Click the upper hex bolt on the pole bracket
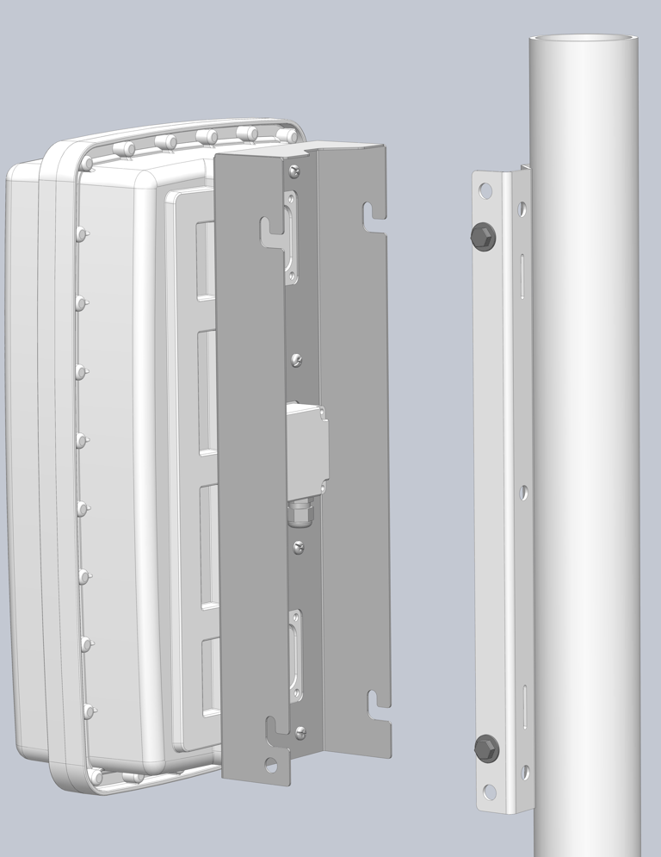pos(483,237)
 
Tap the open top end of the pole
pos(584,39)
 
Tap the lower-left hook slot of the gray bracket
pos(277,728)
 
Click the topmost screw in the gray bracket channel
pos(295,172)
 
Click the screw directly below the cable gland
pos(299,544)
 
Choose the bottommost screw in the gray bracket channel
pos(300,732)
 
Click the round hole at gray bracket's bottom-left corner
pos(271,764)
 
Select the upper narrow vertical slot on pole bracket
pos(522,276)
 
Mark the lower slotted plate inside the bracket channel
pos(296,655)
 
